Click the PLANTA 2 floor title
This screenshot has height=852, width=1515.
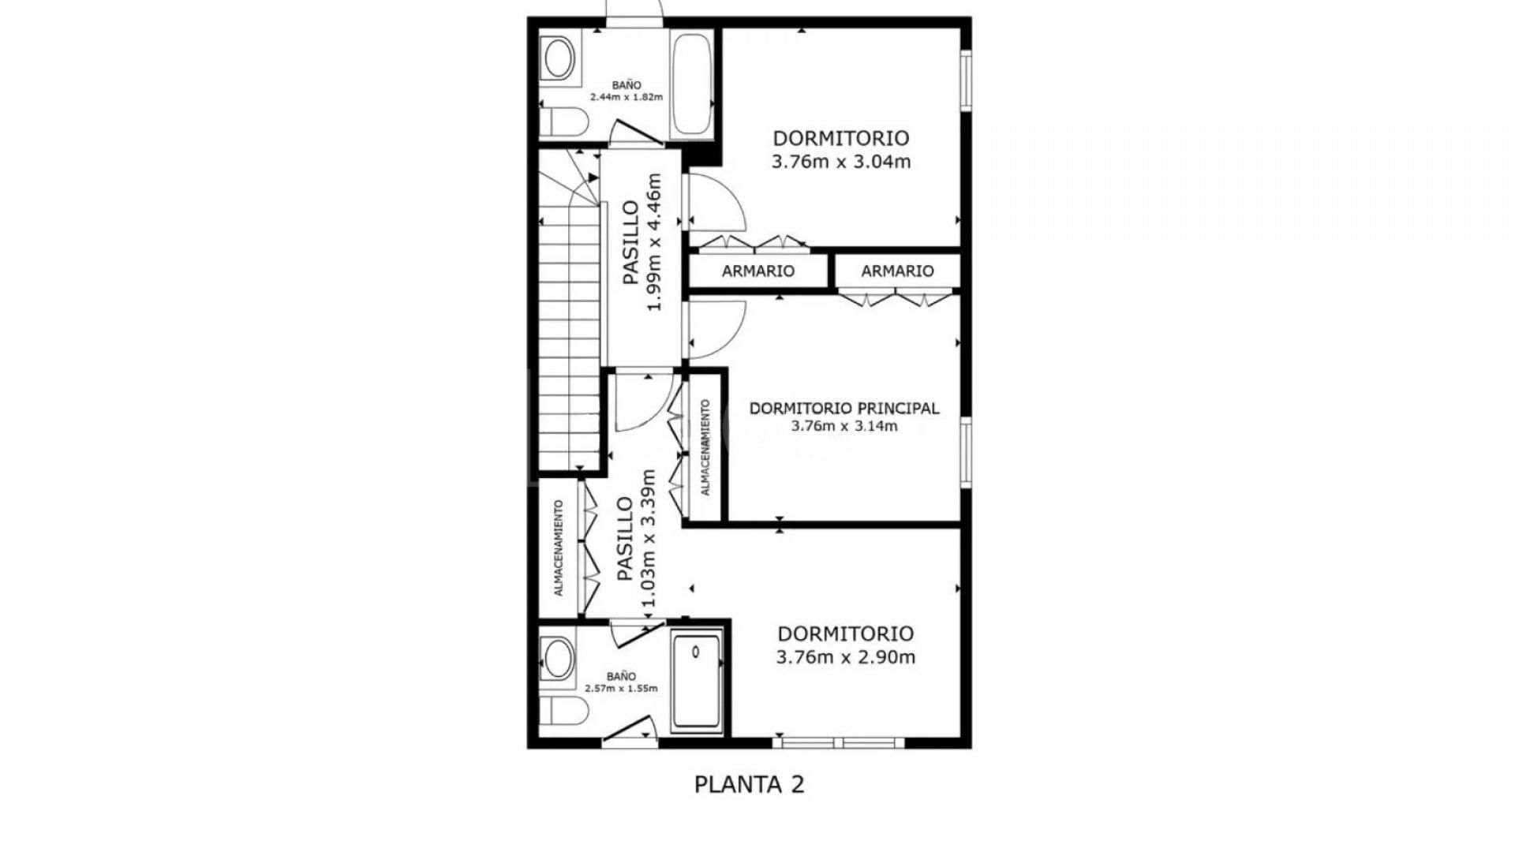point(749,785)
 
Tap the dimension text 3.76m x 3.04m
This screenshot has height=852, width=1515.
point(841,163)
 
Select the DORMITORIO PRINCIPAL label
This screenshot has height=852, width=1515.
point(844,409)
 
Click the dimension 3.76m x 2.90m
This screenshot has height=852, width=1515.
point(845,658)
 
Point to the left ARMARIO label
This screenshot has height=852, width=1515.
point(757,271)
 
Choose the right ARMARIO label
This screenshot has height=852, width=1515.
point(897,271)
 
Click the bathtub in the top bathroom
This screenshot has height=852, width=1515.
point(692,84)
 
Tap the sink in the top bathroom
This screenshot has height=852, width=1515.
point(559,59)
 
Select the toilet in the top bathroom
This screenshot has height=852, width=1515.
point(565,122)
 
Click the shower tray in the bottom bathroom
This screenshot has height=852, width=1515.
point(696,681)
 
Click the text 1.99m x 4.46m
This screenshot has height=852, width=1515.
point(653,242)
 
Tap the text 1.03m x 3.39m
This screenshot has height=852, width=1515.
point(648,538)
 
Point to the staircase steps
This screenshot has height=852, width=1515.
point(570,339)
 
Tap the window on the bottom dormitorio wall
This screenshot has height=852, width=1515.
point(838,742)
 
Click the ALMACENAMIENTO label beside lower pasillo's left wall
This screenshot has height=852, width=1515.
point(559,547)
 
